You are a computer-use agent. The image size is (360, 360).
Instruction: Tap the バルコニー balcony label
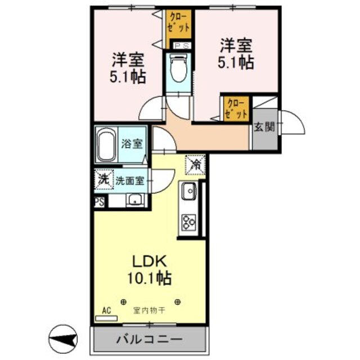tap(149, 340)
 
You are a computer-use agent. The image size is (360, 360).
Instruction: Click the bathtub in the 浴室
tap(107, 146)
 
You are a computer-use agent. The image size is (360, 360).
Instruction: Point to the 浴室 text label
tap(132, 143)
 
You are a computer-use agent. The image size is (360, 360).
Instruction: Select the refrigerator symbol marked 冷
tap(196, 165)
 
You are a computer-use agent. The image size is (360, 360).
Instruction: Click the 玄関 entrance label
tap(264, 127)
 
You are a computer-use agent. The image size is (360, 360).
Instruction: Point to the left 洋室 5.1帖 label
tap(128, 67)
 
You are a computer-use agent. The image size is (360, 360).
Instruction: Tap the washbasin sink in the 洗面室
tap(135, 199)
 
